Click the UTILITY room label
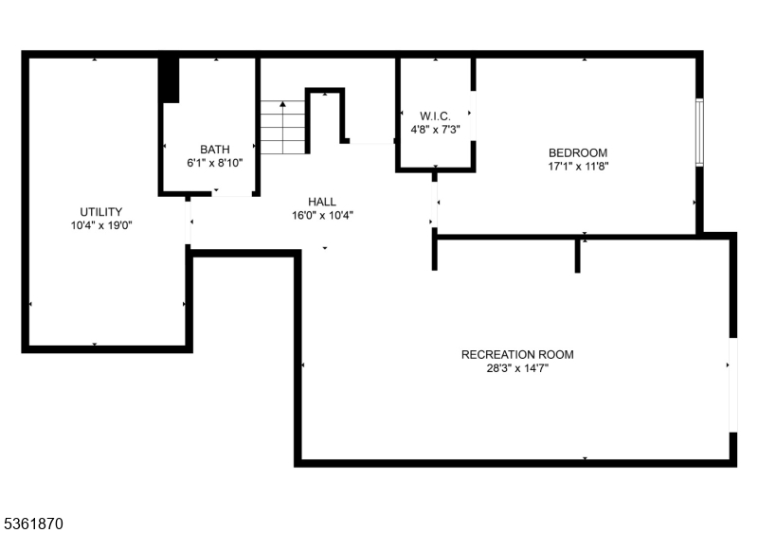pos(101,211)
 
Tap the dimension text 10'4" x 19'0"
pos(101,225)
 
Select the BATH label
pos(215,150)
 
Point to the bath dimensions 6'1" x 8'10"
pos(215,163)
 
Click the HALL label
pos(322,202)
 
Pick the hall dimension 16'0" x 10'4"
pos(323,215)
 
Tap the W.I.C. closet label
pos(435,115)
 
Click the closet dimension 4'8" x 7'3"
pos(435,130)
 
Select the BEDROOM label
pos(578,152)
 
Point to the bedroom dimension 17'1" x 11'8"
pos(578,167)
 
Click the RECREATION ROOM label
pos(517,355)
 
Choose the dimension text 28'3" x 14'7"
pos(517,369)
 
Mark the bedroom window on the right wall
pos(699,133)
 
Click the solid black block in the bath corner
pos(169,80)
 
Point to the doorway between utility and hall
pos(189,222)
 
